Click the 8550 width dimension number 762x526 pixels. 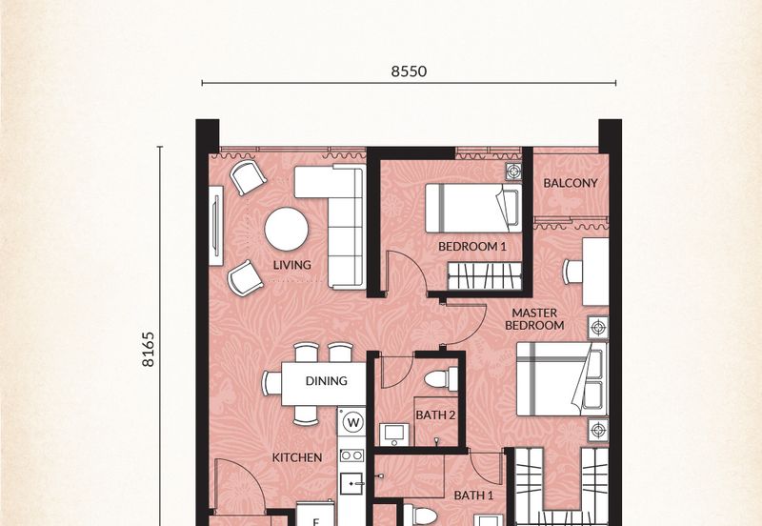(409, 71)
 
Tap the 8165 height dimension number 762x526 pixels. (148, 349)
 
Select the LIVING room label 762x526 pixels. (291, 265)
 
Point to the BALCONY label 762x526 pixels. (570, 183)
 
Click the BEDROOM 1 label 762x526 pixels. (471, 247)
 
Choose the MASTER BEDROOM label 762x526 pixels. (534, 319)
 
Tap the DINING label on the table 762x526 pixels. (326, 380)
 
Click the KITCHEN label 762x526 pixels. (297, 457)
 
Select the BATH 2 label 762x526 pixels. (435, 415)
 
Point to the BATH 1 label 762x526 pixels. (473, 496)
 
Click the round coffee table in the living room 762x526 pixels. (287, 229)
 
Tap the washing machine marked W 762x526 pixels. (352, 422)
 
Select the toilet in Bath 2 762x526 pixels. (441, 379)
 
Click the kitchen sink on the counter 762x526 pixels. (351, 483)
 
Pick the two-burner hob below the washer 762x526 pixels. (351, 455)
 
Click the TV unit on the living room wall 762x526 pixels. (216, 226)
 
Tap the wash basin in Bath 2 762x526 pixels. (394, 435)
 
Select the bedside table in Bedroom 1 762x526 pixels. (513, 172)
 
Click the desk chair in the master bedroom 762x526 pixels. (572, 272)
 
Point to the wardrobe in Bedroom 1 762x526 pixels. (485, 276)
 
